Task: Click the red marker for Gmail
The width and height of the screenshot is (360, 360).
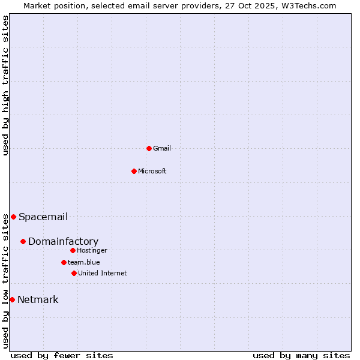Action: pyautogui.click(x=149, y=148)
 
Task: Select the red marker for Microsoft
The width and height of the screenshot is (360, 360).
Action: pyautogui.click(x=134, y=171)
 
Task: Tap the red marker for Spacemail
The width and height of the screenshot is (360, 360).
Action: pyautogui.click(x=13, y=217)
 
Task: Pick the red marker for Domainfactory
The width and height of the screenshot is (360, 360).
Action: pyautogui.click(x=23, y=241)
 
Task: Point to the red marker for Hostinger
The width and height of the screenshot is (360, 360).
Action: pyautogui.click(x=73, y=250)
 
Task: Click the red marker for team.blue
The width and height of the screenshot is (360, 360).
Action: pyautogui.click(x=64, y=262)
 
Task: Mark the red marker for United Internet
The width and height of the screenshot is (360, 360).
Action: pyautogui.click(x=74, y=273)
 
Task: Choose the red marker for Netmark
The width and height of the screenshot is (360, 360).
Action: pyautogui.click(x=12, y=299)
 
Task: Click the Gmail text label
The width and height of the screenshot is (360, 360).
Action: pyautogui.click(x=162, y=148)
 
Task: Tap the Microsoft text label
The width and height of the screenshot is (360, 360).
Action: pyautogui.click(x=152, y=171)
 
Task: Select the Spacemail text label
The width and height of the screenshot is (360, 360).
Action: pyautogui.click(x=43, y=217)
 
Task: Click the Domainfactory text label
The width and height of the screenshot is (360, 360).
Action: pyautogui.click(x=63, y=241)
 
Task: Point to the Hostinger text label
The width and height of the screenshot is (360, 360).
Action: pyautogui.click(x=92, y=250)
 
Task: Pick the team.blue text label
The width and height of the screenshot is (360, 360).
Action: pyautogui.click(x=84, y=262)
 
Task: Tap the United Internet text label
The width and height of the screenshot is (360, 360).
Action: pyautogui.click(x=103, y=273)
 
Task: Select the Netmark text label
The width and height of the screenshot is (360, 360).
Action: pyautogui.click(x=38, y=299)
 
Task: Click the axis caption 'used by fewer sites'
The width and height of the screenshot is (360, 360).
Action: pyautogui.click(x=62, y=355)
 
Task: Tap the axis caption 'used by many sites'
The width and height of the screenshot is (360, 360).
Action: pyautogui.click(x=301, y=355)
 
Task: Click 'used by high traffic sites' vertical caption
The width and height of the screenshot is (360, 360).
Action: pyautogui.click(x=5, y=85)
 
